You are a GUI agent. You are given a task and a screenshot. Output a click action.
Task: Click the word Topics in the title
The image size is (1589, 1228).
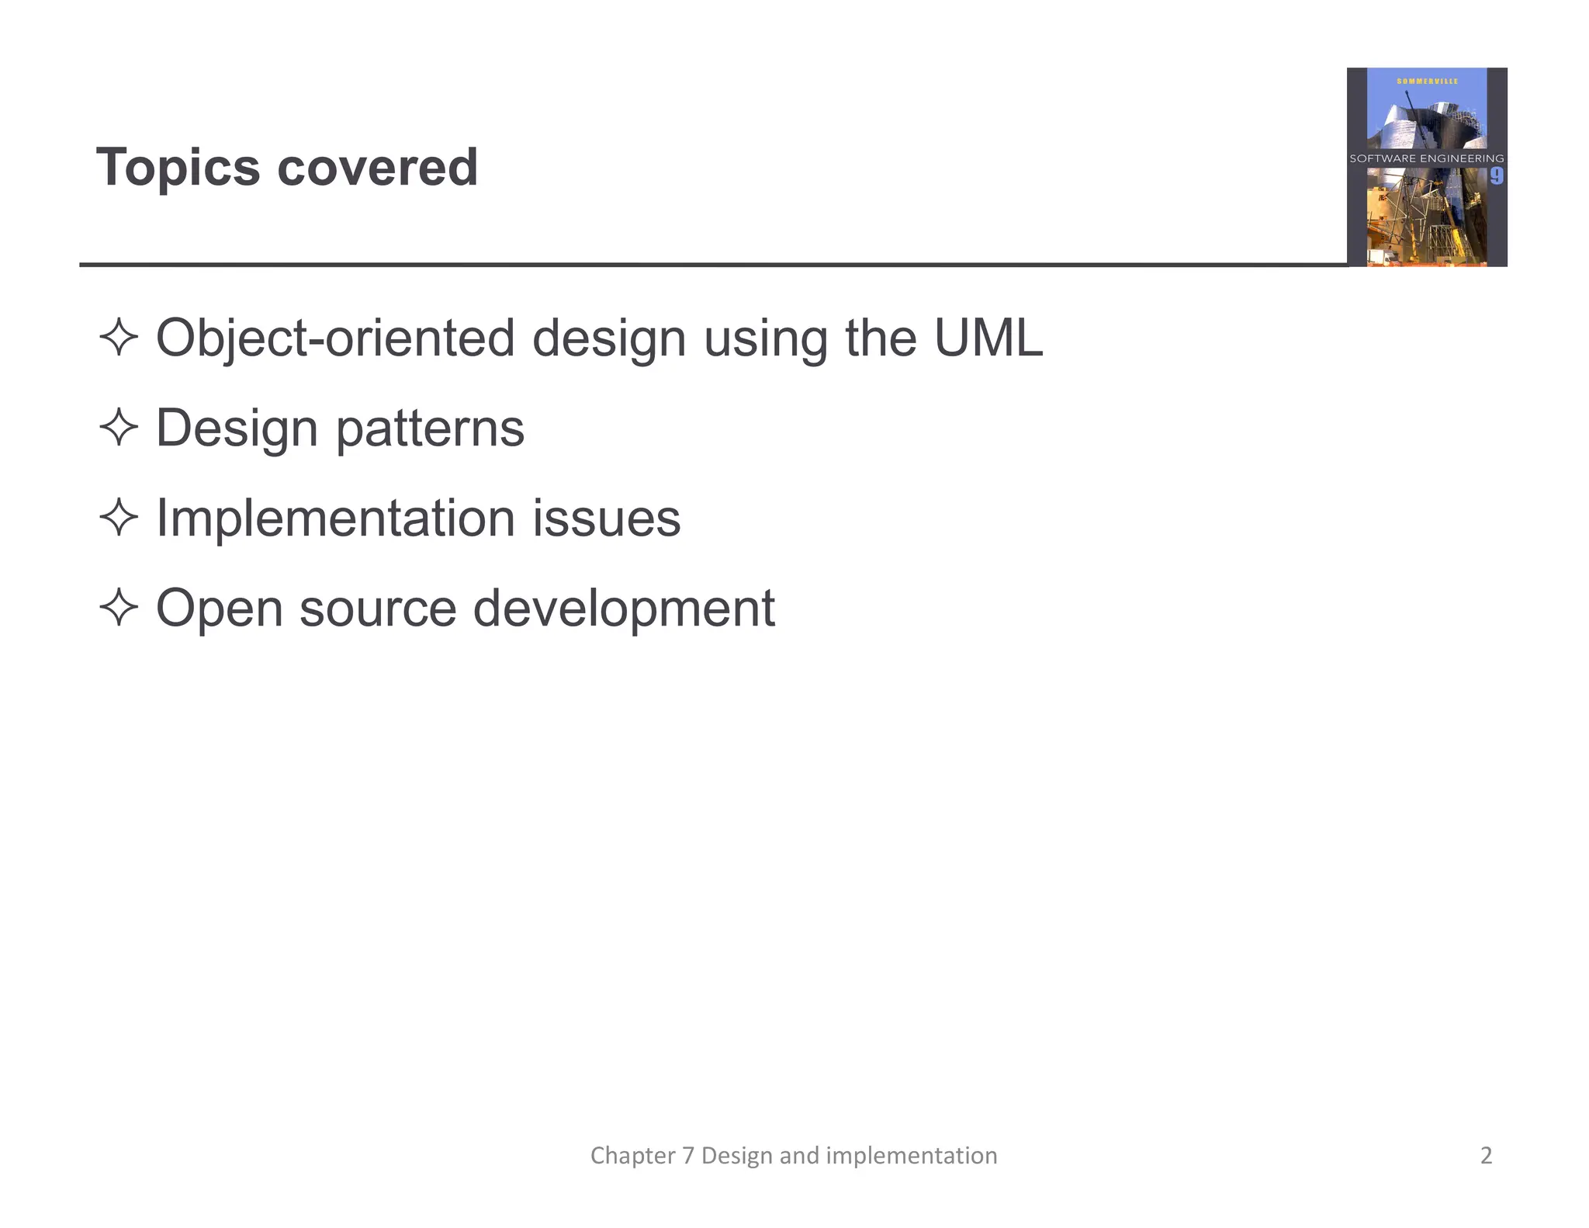pyautogui.click(x=178, y=168)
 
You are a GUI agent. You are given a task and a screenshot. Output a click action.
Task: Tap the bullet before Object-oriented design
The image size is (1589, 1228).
pyautogui.click(x=119, y=338)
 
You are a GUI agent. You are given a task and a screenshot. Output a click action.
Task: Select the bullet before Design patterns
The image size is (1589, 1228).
pyautogui.click(x=119, y=428)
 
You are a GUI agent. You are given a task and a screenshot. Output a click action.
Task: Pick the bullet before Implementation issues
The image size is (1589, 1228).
pyautogui.click(x=119, y=518)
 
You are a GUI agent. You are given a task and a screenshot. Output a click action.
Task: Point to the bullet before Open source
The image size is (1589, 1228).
pyautogui.click(x=119, y=607)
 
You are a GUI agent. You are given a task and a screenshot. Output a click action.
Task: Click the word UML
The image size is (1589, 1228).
pyautogui.click(x=988, y=338)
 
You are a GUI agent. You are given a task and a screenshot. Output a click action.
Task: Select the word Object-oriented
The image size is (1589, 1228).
pyautogui.click(x=335, y=339)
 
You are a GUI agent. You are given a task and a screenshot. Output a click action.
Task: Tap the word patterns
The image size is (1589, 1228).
pyautogui.click(x=431, y=429)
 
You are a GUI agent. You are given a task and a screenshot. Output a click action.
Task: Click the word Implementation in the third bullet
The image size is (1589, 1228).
pyautogui.click(x=335, y=519)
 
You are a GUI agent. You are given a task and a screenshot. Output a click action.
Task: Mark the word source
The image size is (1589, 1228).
pyautogui.click(x=378, y=609)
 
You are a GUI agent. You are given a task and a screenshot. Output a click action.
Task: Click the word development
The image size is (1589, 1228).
pyautogui.click(x=624, y=609)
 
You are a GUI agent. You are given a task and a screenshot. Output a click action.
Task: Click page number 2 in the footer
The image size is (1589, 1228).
pyautogui.click(x=1486, y=1155)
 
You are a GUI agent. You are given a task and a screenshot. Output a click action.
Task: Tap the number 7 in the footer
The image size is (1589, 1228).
pyautogui.click(x=688, y=1155)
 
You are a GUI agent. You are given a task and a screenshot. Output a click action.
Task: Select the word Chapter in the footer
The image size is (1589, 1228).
pyautogui.click(x=632, y=1155)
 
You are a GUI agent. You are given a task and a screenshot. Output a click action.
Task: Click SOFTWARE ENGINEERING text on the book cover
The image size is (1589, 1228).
pyautogui.click(x=1426, y=158)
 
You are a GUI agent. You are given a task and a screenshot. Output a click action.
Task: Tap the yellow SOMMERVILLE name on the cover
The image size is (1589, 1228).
pyautogui.click(x=1427, y=82)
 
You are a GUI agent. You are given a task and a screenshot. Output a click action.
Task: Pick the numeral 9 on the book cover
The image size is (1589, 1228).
pyautogui.click(x=1496, y=176)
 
